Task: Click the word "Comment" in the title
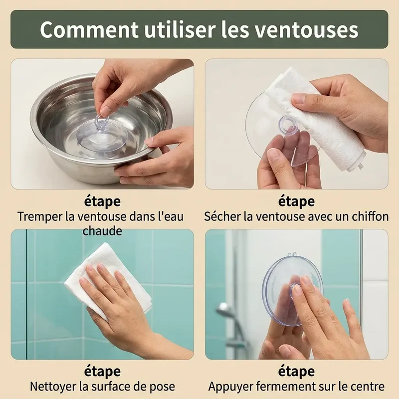(89, 30)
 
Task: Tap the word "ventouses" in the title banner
(307, 30)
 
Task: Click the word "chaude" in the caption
(102, 231)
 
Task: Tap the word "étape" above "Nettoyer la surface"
(102, 372)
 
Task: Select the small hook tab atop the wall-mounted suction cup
(293, 255)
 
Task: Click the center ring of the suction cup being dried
(288, 124)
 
